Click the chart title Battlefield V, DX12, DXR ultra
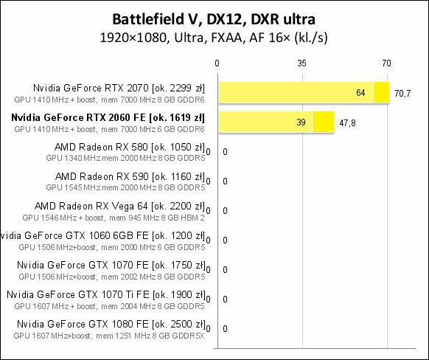pyautogui.click(x=214, y=18)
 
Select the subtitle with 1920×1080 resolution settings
pyautogui.click(x=214, y=36)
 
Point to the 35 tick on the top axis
pyautogui.click(x=301, y=64)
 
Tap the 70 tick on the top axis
pyautogui.click(x=386, y=64)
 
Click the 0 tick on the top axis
pyautogui.click(x=217, y=64)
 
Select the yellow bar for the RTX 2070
pyautogui.click(x=302, y=93)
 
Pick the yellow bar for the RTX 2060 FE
pyautogui.click(x=275, y=122)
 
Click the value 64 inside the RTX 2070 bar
pyautogui.click(x=360, y=93)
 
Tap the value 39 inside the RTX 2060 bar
pyautogui.click(x=301, y=122)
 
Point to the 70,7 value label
pyautogui.click(x=403, y=94)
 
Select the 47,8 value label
pyautogui.click(x=347, y=123)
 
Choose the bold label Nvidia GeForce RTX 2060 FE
pyautogui.click(x=108, y=117)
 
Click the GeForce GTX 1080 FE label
pyautogui.click(x=110, y=324)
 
